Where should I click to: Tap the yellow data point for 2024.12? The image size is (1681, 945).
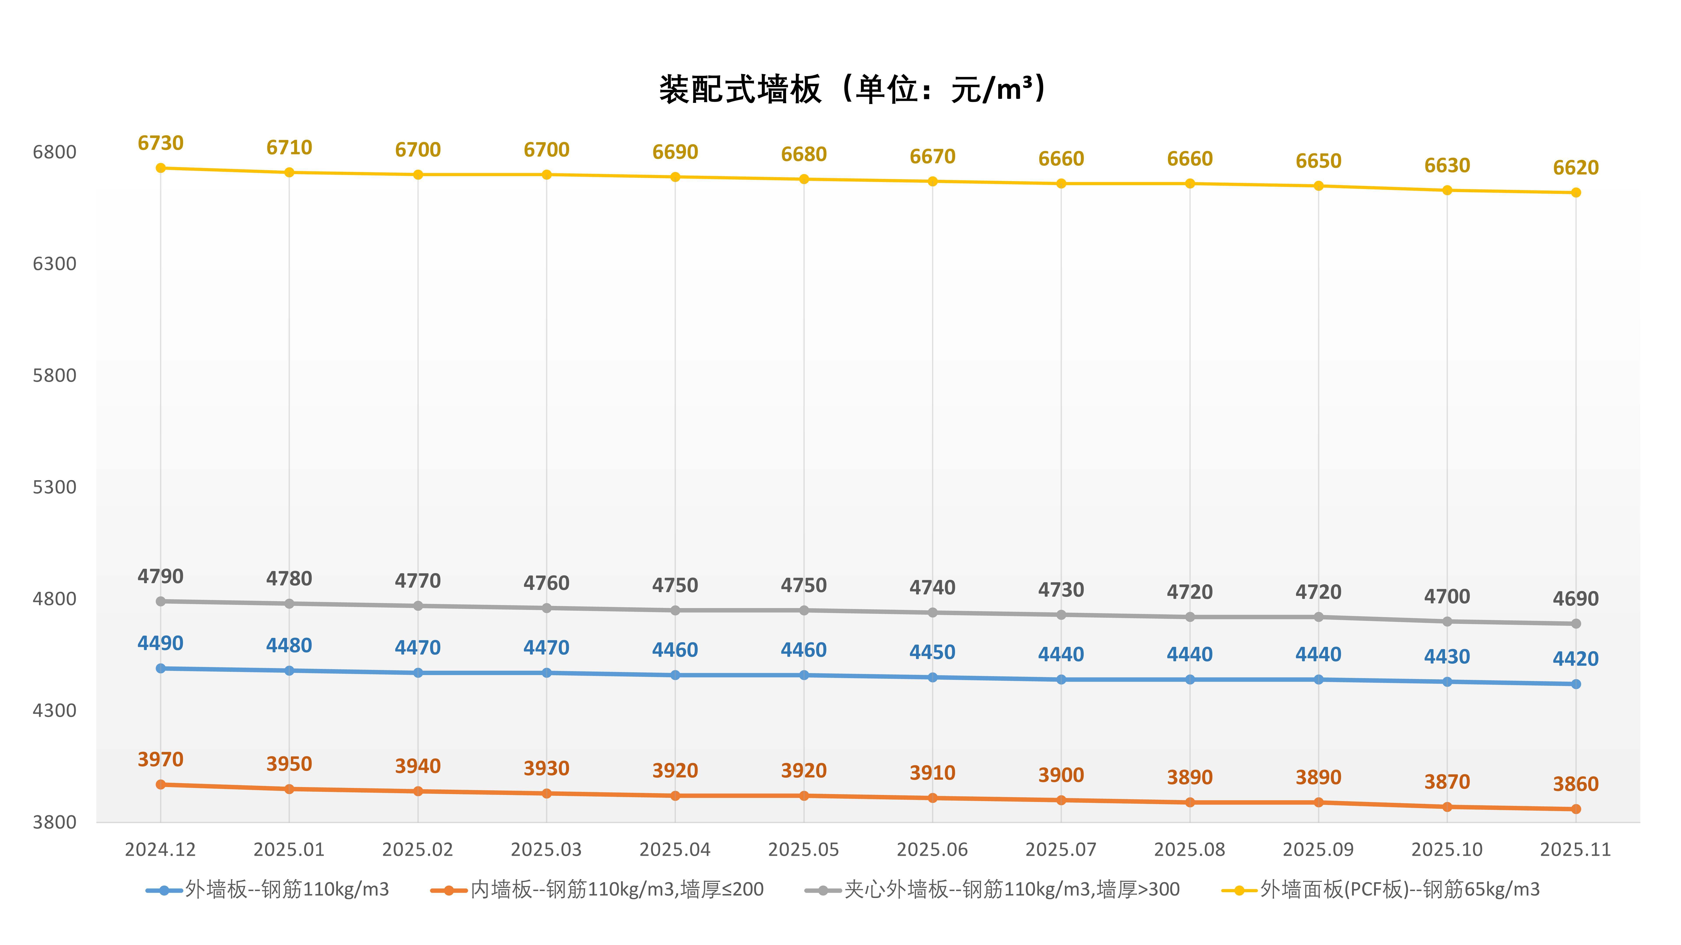coord(160,168)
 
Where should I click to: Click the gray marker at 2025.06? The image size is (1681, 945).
coord(932,612)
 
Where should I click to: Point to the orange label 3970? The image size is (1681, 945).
coord(160,759)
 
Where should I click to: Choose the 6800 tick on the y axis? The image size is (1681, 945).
coord(55,152)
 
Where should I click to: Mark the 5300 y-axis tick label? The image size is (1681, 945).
coord(55,487)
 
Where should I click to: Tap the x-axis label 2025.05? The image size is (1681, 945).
coord(803,850)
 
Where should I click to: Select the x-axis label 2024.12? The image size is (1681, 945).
coord(160,850)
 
